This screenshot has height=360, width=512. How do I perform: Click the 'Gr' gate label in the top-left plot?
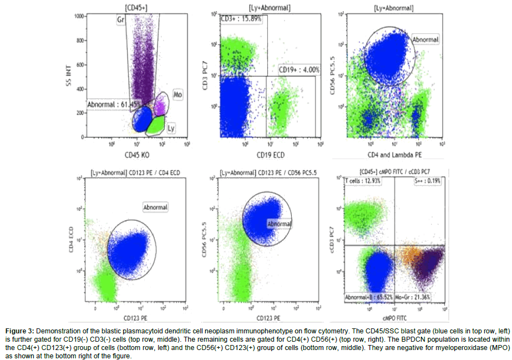click(x=119, y=21)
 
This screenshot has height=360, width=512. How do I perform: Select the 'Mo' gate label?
click(x=177, y=95)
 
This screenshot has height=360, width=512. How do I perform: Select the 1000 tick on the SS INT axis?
click(x=80, y=17)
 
